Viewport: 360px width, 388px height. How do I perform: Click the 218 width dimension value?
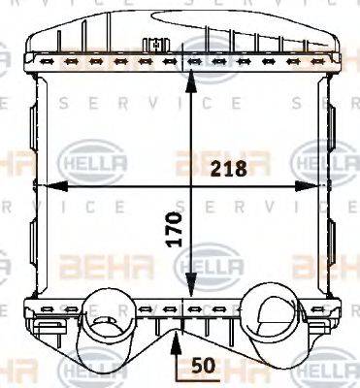coord(230,168)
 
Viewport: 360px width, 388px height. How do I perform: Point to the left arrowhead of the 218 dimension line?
coord(43,184)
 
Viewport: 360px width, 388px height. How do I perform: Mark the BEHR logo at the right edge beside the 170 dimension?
coord(325,262)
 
